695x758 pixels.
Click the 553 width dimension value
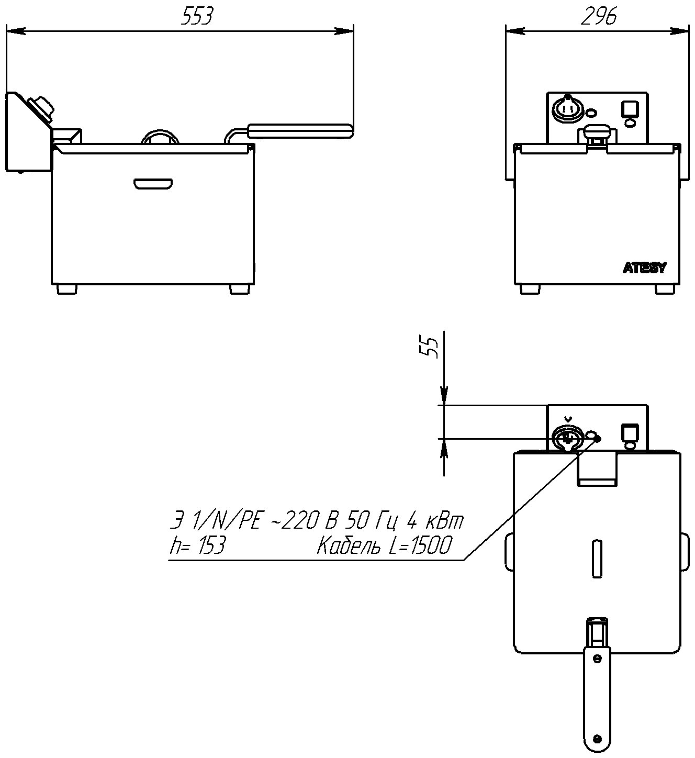197,16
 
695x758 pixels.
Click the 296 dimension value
599,16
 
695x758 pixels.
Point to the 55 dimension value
431,347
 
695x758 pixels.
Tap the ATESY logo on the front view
644,268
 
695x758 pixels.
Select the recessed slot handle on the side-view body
153,184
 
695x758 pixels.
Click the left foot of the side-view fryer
67,288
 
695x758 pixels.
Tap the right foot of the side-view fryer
240,288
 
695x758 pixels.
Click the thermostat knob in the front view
567,109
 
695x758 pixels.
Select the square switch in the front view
629,108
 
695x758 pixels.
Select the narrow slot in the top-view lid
596,558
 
